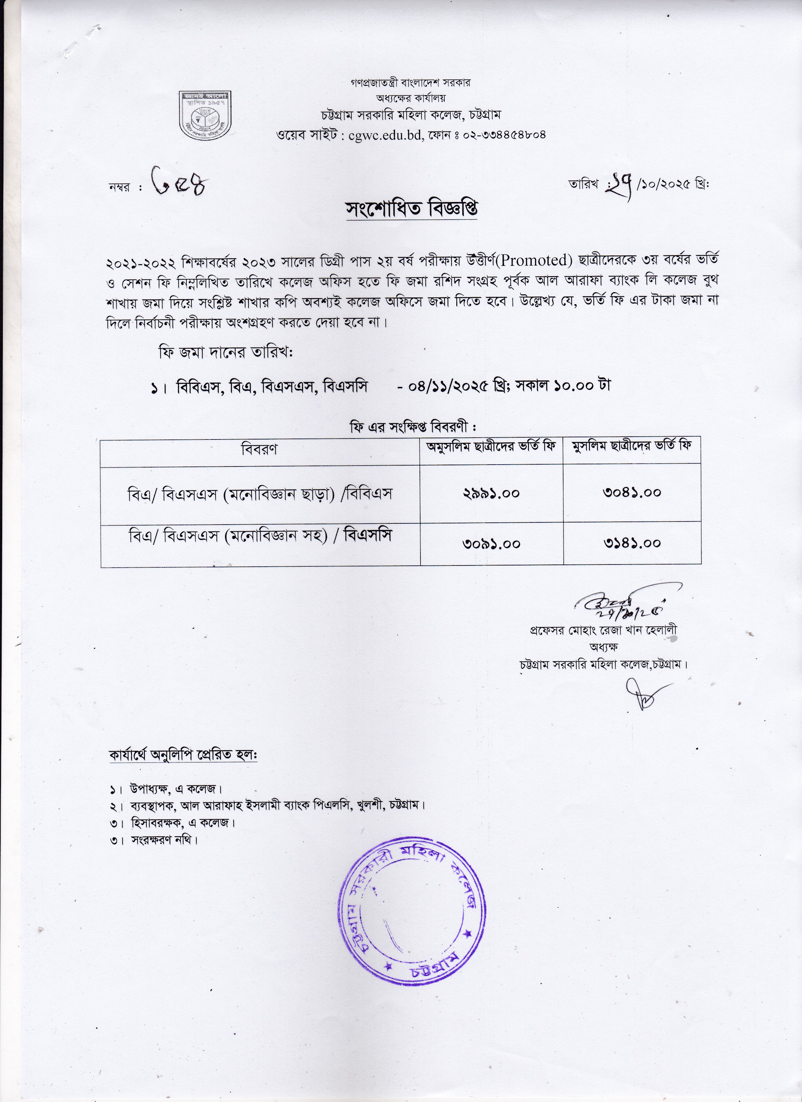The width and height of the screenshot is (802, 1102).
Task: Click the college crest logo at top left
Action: pyautogui.click(x=205, y=113)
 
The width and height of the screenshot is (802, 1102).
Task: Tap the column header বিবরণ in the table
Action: pyautogui.click(x=260, y=449)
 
